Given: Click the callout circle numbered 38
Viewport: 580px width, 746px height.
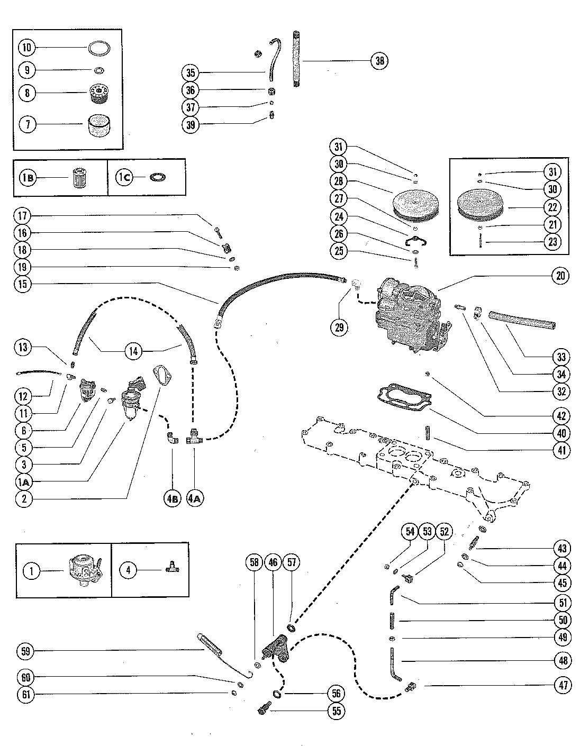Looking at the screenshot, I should [x=379, y=60].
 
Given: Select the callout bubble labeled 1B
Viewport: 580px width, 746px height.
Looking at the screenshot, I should [x=28, y=178].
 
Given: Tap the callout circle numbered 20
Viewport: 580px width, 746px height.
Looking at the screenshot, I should [x=560, y=275].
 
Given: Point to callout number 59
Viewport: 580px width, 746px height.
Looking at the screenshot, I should [x=24, y=651].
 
